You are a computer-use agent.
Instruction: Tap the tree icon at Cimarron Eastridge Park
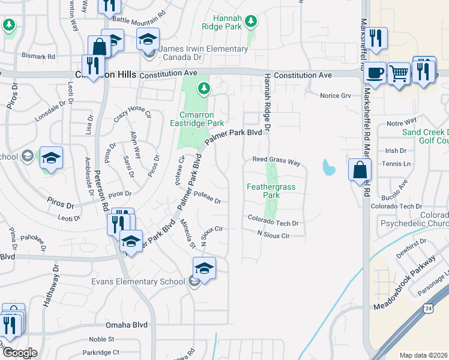[x=204, y=89]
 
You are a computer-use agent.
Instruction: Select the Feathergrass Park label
[x=271, y=191]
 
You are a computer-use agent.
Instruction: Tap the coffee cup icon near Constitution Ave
[x=375, y=73]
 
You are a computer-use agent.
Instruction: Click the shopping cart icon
[x=399, y=74]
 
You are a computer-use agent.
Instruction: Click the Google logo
[x=19, y=353]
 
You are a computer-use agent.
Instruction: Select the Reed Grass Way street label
[x=276, y=161]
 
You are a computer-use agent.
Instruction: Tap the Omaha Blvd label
[x=127, y=325]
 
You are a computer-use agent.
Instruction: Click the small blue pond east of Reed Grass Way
[x=328, y=167]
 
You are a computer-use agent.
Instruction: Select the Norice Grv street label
[x=335, y=95]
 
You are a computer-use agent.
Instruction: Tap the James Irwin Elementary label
[x=204, y=49]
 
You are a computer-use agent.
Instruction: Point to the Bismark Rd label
[x=39, y=56]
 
